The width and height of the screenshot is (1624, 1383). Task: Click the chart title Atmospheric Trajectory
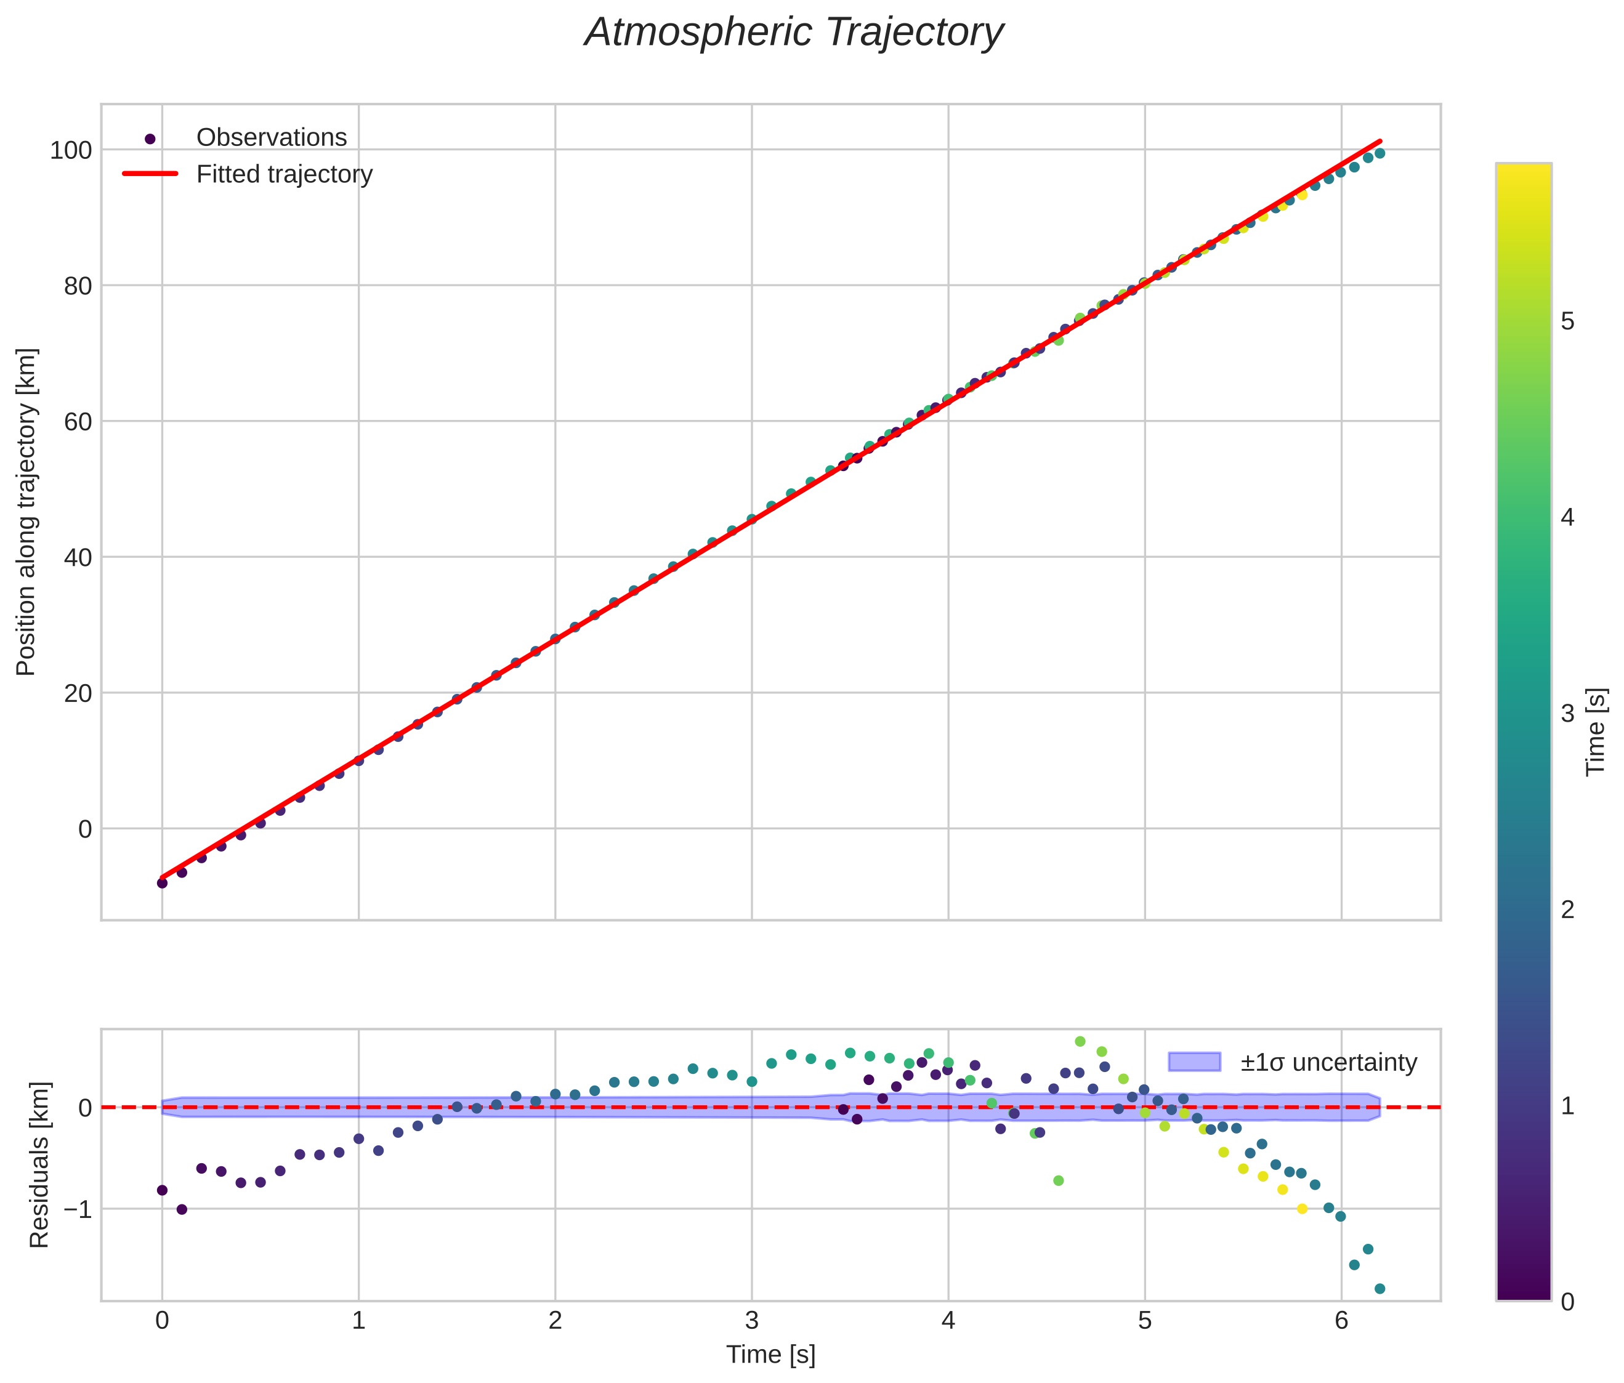click(x=793, y=33)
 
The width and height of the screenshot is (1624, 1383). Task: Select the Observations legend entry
click(x=271, y=137)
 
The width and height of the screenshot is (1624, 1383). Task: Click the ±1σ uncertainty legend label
click(x=1328, y=1063)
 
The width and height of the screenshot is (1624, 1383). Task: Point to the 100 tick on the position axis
click(x=71, y=150)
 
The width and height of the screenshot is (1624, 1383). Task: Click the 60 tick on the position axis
click(x=77, y=422)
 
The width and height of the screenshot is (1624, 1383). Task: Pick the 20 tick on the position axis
click(x=77, y=693)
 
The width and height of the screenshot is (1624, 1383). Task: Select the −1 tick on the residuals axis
click(x=77, y=1209)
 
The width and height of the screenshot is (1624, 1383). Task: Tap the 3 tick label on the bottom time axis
click(x=752, y=1321)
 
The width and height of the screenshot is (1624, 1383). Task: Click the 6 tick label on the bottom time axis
click(x=1341, y=1321)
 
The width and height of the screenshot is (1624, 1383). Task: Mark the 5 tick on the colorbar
click(x=1567, y=321)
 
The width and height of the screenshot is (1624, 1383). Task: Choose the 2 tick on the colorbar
click(x=1567, y=909)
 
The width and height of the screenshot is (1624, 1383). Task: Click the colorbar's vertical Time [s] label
click(x=1596, y=732)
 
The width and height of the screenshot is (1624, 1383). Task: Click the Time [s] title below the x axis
click(x=770, y=1355)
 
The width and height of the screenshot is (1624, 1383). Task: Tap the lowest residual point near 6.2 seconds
click(x=1380, y=1288)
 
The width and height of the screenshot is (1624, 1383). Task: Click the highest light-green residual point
click(x=1079, y=1041)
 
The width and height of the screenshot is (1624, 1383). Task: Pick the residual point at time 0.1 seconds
click(x=182, y=1209)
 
